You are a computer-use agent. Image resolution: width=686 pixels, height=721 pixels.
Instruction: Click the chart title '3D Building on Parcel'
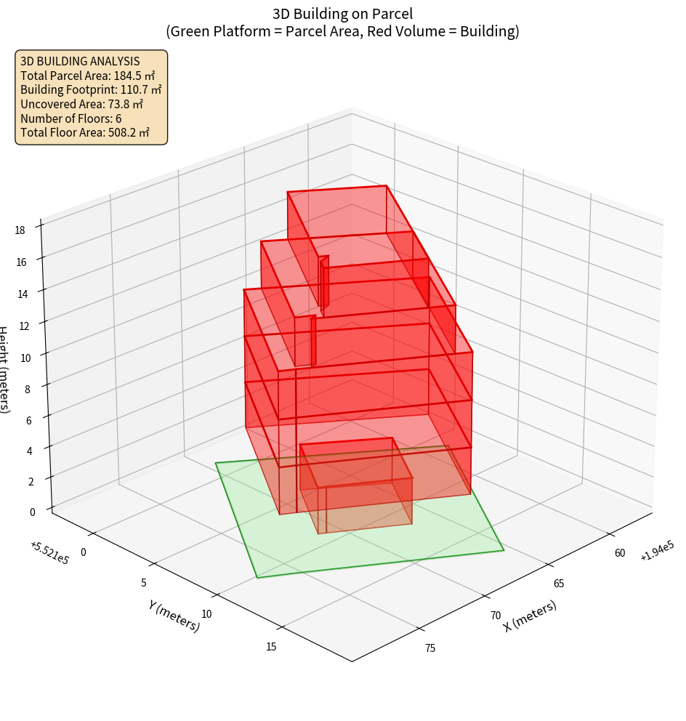coord(343,13)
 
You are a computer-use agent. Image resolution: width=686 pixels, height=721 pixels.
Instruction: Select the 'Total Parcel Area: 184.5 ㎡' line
coord(88,76)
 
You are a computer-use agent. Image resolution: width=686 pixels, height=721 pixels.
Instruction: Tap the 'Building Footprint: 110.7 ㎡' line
coord(91,89)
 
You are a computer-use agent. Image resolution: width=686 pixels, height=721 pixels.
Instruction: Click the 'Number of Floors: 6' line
coord(71,118)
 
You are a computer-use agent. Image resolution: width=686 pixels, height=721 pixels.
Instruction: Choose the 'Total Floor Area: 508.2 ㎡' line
coord(85,132)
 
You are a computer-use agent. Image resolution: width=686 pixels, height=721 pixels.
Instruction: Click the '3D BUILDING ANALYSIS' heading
coord(80,61)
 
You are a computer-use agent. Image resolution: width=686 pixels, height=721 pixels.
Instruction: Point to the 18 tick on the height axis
coord(20,230)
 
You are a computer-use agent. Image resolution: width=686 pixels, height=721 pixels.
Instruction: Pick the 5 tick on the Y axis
coord(144,582)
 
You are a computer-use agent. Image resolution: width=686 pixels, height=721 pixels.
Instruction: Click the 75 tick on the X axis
coord(430,648)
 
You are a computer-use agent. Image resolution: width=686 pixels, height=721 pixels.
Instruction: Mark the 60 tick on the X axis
coord(620,553)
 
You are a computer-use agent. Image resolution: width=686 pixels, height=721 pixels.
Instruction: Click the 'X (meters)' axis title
coord(530,616)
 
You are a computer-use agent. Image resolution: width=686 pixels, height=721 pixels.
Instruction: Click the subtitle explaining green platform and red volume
coord(343,31)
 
